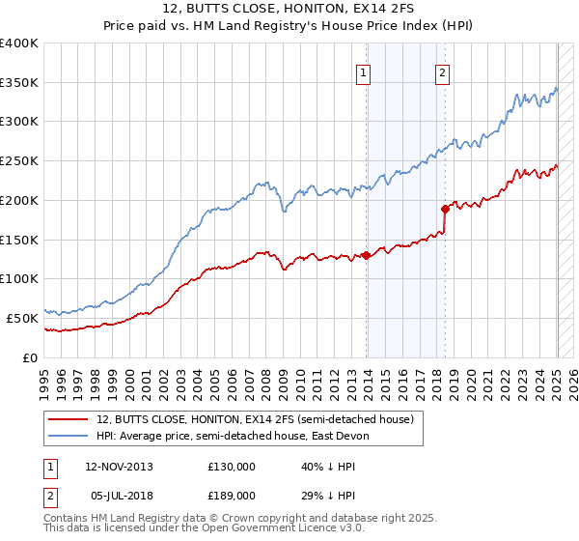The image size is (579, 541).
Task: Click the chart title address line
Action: click(x=289, y=11)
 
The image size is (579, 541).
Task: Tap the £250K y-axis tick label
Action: click(x=19, y=161)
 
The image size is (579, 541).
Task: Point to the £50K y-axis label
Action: click(x=22, y=318)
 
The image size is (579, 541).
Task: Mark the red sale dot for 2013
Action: click(x=367, y=255)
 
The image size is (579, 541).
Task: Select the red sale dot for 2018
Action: click(x=445, y=208)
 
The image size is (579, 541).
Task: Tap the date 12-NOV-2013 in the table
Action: click(x=119, y=466)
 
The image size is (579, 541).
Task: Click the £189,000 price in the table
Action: click(x=232, y=495)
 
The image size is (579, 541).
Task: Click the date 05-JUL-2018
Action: click(x=118, y=495)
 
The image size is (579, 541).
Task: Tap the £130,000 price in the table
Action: click(x=232, y=466)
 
